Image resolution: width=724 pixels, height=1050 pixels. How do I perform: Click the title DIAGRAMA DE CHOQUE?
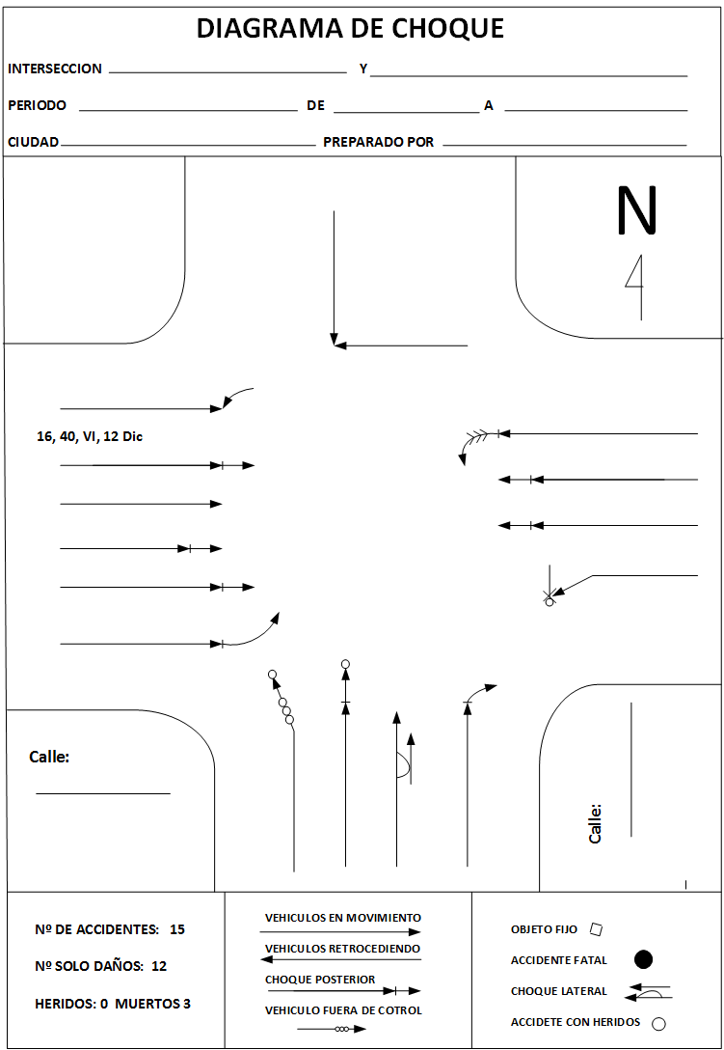(x=350, y=28)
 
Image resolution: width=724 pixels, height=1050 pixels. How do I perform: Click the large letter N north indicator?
(x=636, y=211)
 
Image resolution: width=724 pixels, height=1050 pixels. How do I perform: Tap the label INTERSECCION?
(x=55, y=69)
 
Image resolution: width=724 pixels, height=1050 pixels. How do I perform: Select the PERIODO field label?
(x=37, y=105)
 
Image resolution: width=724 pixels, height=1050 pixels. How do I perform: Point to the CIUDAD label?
(x=33, y=142)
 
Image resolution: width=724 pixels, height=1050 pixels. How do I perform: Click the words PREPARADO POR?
(x=378, y=142)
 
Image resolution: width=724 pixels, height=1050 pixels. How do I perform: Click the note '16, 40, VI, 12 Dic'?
(x=90, y=437)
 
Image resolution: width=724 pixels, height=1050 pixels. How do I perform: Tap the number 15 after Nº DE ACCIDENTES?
(x=177, y=929)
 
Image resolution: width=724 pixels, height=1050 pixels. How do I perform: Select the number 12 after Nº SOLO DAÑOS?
(x=159, y=966)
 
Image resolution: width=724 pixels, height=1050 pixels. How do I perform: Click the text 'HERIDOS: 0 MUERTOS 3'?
(x=112, y=1004)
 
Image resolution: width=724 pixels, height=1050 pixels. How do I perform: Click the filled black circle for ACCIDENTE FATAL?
(x=644, y=959)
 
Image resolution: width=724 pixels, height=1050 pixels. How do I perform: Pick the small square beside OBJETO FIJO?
(x=596, y=929)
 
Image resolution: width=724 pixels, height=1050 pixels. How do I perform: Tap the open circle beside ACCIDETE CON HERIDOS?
(x=659, y=1023)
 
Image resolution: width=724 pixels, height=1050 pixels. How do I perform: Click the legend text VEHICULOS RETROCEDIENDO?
(x=342, y=949)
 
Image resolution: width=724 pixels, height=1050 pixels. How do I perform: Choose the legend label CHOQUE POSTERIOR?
(x=320, y=980)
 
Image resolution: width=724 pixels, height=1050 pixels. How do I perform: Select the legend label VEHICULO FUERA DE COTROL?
(x=343, y=1010)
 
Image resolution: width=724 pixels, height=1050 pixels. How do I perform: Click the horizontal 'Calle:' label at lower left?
(x=49, y=758)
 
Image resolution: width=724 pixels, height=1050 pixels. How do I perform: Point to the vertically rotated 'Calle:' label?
(x=596, y=822)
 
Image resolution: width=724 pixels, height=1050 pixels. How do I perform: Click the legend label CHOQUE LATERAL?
(x=559, y=991)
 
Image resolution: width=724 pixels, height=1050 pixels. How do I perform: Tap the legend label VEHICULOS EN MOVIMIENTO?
(x=342, y=918)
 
